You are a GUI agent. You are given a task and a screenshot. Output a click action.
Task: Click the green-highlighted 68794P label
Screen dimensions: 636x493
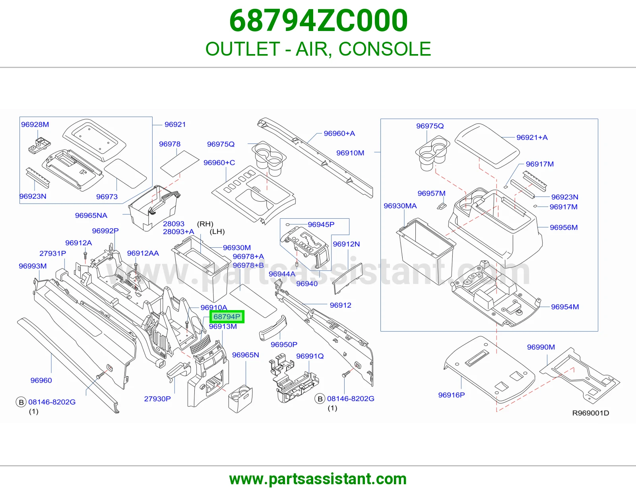(227, 317)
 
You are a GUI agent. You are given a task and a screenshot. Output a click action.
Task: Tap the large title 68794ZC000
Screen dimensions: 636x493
(318, 21)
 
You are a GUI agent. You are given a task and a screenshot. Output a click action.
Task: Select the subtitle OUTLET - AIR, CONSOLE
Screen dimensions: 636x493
(318, 49)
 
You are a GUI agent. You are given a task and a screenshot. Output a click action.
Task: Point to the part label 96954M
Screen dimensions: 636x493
(565, 307)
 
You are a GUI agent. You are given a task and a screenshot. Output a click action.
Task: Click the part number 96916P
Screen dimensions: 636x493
(451, 395)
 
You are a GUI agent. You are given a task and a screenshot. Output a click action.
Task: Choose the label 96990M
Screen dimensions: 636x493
(541, 347)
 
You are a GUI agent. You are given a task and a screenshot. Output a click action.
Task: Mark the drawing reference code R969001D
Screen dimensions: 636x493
(591, 413)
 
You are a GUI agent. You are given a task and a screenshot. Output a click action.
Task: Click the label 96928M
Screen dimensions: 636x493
(35, 124)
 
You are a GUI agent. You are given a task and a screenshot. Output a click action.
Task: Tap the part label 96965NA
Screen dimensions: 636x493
(91, 215)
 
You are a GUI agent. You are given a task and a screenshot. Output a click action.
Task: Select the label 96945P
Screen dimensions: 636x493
(321, 225)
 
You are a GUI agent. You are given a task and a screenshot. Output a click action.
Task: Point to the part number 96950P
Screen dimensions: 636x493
(284, 345)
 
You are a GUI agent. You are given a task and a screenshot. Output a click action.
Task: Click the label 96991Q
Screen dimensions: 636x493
(310, 356)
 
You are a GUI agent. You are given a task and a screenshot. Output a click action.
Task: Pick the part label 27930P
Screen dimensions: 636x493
(157, 399)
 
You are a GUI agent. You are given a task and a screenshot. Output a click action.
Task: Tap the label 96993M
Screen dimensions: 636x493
(33, 266)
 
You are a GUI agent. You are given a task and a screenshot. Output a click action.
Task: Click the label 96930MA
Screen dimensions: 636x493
(400, 206)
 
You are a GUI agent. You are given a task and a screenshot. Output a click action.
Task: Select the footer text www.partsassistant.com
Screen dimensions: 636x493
(318, 479)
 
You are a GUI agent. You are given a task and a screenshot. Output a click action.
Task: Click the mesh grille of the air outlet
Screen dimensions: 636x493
(200, 345)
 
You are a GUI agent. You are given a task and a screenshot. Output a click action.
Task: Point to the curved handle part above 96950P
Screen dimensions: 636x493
(273, 328)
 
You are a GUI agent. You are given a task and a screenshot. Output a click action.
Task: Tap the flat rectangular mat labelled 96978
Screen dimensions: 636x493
(180, 164)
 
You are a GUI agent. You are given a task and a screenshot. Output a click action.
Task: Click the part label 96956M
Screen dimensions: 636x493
(564, 227)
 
